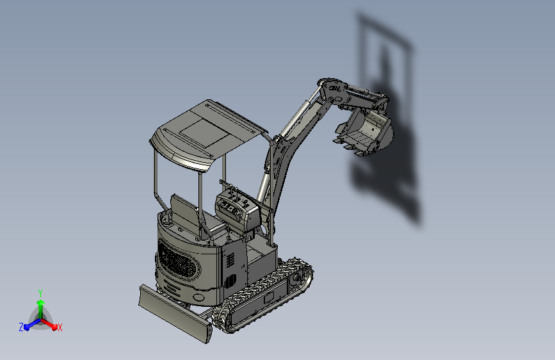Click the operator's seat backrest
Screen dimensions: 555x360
pyautogui.click(x=184, y=211)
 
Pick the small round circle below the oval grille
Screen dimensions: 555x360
pyautogui.click(x=199, y=297)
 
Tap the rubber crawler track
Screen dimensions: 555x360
pyautogui.click(x=262, y=295)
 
